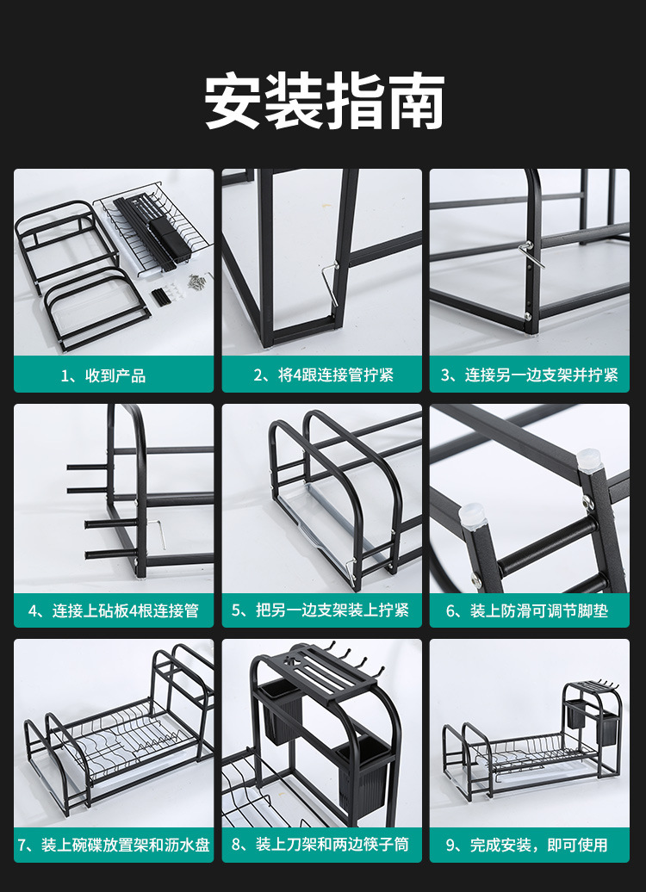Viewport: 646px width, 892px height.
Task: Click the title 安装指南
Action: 324,102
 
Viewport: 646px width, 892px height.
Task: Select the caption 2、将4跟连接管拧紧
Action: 323,375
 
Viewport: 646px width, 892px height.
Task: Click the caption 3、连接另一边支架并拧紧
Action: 530,375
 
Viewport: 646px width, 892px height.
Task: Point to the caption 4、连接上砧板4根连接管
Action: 113,610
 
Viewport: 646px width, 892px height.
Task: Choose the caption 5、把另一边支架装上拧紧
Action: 323,610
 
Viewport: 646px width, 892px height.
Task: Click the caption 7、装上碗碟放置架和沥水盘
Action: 113,845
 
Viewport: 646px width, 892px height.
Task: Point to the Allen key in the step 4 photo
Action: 161,533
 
